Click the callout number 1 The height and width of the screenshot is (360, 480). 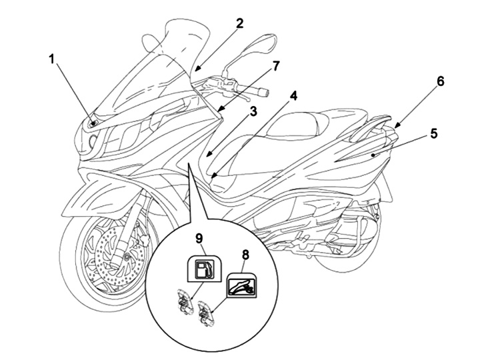(52, 60)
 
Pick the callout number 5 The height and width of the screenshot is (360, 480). (433, 133)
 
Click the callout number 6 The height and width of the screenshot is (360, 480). (441, 81)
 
